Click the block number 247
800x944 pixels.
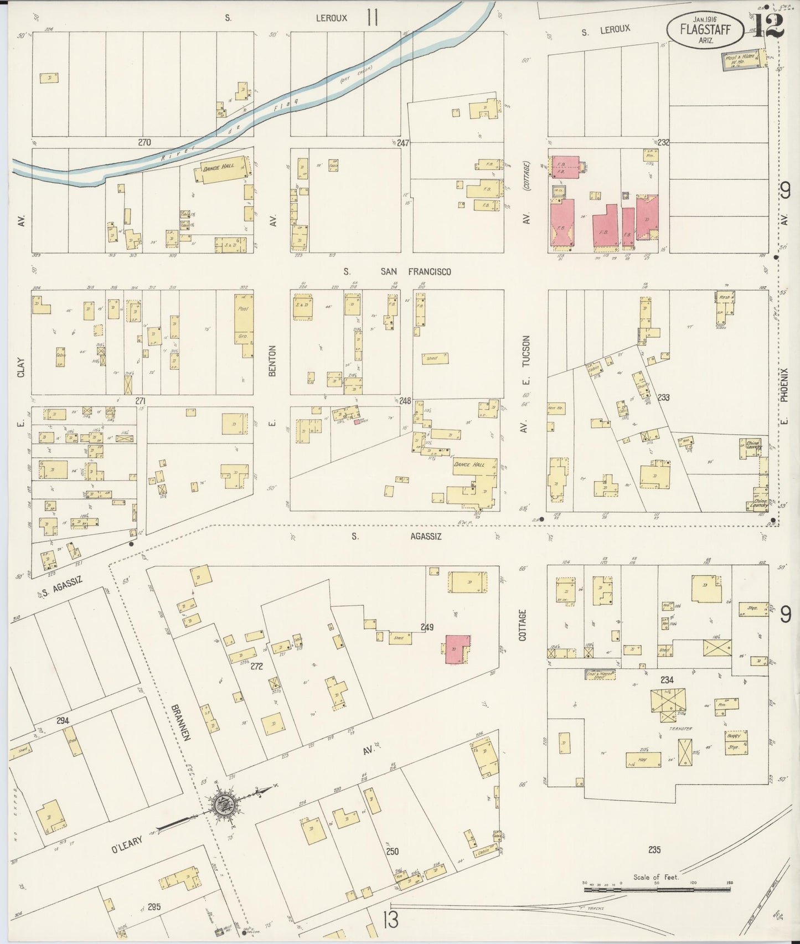pyautogui.click(x=402, y=143)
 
